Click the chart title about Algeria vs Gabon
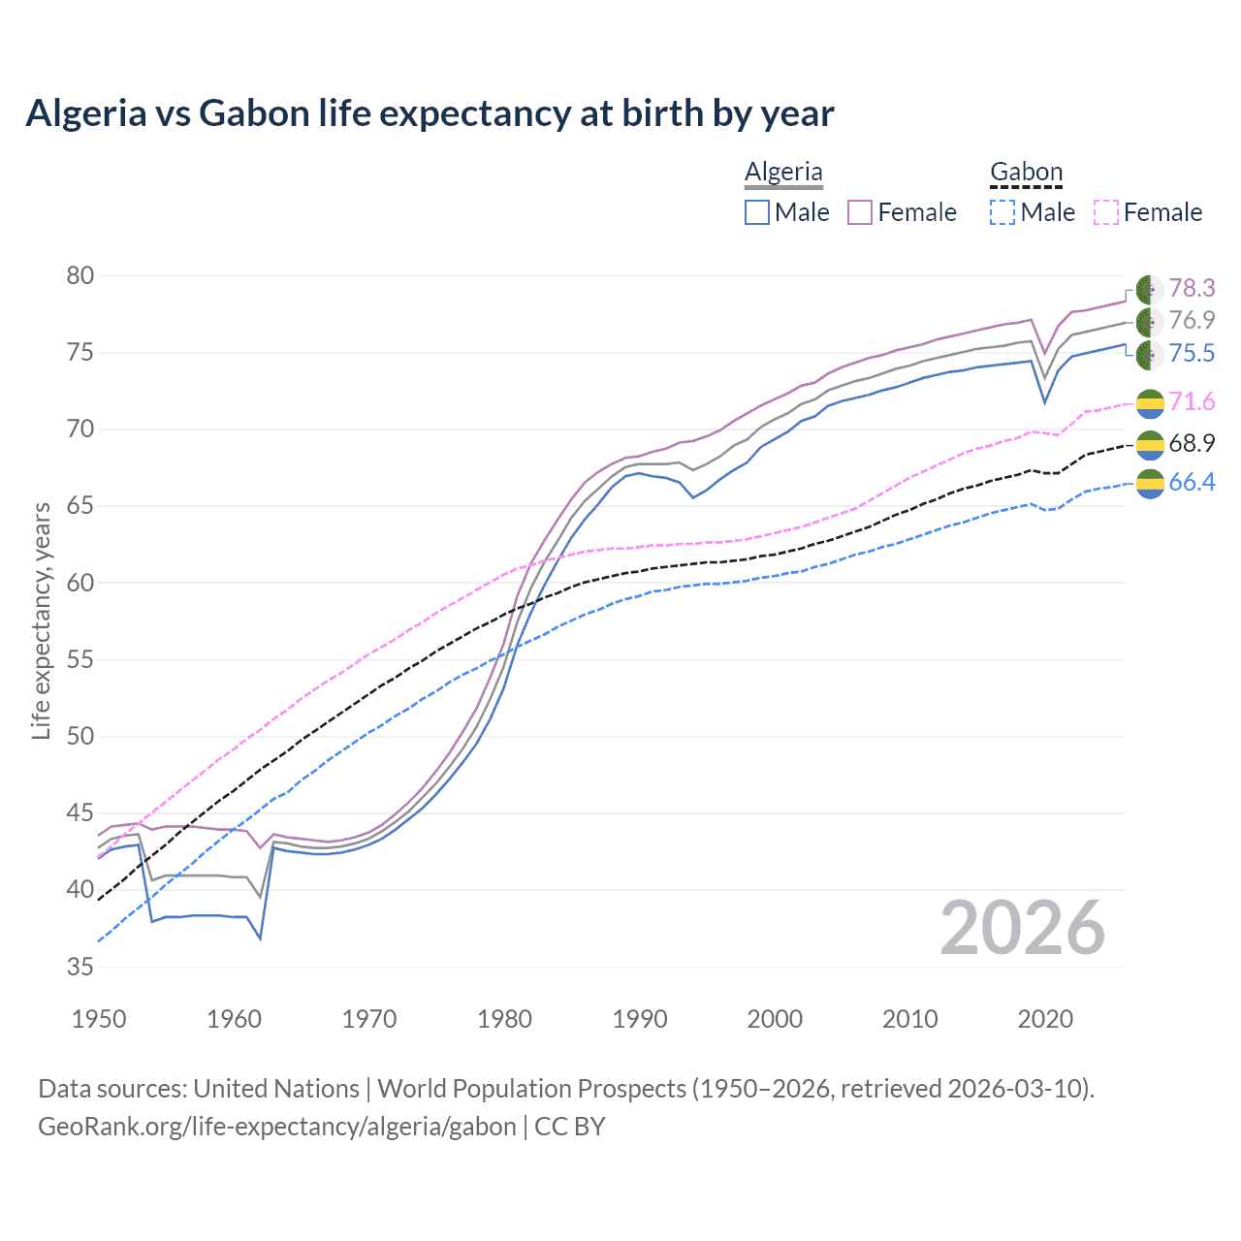coord(430,113)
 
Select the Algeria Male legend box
coord(757,212)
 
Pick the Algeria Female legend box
coord(860,212)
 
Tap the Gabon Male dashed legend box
coord(1002,212)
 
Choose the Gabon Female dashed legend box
coord(1105,212)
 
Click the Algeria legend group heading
coord(783,173)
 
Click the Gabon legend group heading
coord(1026,173)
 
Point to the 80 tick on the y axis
coord(80,276)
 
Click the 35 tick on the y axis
coord(80,967)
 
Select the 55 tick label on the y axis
coord(80,660)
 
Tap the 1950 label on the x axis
coord(99,1019)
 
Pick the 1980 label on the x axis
coord(504,1019)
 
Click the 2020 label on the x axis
coord(1045,1019)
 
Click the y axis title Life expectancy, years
coord(41,620)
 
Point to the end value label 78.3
coord(1192,288)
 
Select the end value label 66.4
coord(1192,482)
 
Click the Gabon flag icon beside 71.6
coord(1150,402)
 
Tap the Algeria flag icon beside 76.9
coord(1150,321)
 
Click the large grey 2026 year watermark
coord(1022,929)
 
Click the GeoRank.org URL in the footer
coord(277,1127)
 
